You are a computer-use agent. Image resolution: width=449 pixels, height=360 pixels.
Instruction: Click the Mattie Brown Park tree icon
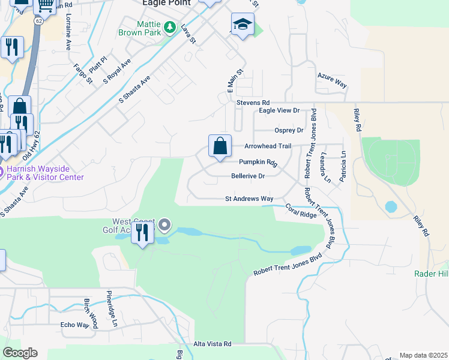click(x=170, y=28)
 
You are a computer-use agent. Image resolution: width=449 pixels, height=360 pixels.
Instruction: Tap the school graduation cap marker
click(x=242, y=25)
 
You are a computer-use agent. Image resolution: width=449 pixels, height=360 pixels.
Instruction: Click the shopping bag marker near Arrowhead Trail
click(x=220, y=146)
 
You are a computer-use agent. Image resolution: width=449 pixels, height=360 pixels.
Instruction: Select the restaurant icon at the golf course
click(x=142, y=231)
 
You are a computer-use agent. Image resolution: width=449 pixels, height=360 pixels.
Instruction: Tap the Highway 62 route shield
click(x=38, y=20)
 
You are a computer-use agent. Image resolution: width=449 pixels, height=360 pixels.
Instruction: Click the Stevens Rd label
click(x=252, y=103)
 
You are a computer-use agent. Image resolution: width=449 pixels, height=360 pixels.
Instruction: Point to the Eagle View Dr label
click(x=279, y=111)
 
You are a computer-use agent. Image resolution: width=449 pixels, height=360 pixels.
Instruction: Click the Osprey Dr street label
click(x=289, y=130)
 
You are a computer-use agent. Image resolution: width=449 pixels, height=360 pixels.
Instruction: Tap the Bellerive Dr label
click(x=248, y=176)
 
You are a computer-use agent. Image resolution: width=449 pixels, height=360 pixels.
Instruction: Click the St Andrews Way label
click(x=249, y=199)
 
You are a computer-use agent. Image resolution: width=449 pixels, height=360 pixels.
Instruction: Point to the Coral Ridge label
click(x=300, y=212)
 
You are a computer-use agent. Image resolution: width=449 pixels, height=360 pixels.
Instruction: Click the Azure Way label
click(x=332, y=81)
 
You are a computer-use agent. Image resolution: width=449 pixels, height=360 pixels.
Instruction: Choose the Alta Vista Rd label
click(x=212, y=344)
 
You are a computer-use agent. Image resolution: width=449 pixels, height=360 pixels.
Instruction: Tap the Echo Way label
click(x=74, y=325)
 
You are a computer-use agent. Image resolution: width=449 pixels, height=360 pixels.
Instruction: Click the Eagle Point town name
click(x=165, y=3)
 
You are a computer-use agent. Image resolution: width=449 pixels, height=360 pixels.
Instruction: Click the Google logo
click(x=20, y=353)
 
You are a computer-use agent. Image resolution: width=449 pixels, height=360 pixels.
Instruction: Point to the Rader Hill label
click(x=430, y=274)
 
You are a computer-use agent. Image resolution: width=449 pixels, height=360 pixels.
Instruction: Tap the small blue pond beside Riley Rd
click(x=391, y=207)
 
